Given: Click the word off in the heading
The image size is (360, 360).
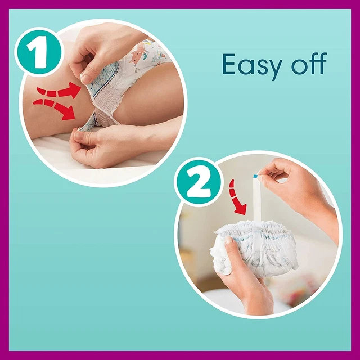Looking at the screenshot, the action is [309, 63].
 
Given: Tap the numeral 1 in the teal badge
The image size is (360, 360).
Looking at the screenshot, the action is [37, 52].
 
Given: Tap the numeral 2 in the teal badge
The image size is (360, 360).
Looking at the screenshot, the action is [199, 182].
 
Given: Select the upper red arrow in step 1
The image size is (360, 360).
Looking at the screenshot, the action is [57, 91].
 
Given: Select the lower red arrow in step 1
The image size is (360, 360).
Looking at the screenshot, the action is [55, 109].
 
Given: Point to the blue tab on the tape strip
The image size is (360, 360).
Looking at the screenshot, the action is [255, 176].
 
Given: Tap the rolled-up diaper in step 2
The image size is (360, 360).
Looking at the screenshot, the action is [254, 247].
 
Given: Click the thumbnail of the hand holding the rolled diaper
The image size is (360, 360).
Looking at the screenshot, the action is [229, 240].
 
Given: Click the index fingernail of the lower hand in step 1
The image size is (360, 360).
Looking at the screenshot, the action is [78, 136].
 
